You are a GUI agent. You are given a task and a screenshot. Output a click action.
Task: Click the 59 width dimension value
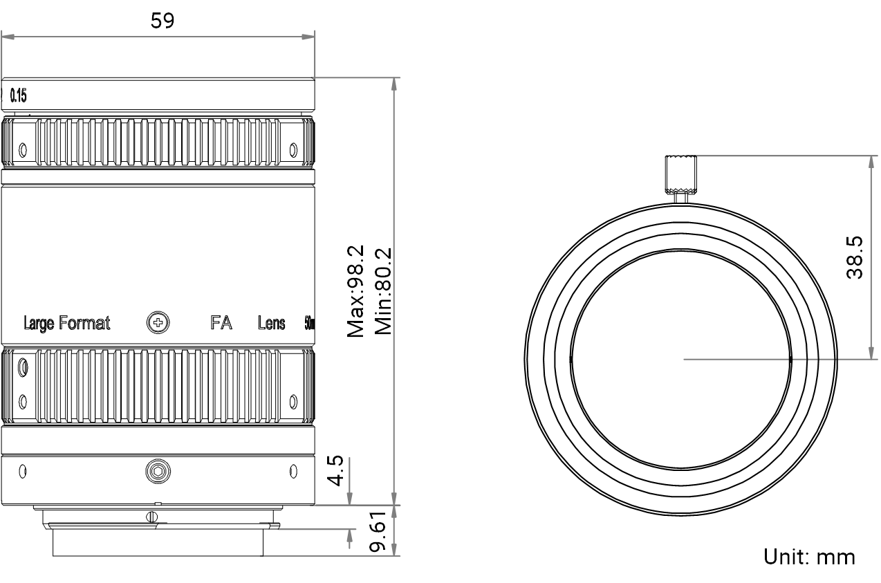coord(163,21)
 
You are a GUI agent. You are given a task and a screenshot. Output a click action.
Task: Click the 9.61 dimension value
coord(377,533)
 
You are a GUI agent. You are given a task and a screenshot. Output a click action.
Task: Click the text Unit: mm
coord(808,556)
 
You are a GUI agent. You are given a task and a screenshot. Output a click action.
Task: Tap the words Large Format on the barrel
coord(66,323)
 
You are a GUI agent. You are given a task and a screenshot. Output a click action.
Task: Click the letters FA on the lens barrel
coord(221,323)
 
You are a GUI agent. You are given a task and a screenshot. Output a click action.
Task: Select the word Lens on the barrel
coord(271,323)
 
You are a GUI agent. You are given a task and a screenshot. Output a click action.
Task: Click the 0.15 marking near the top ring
coord(19,96)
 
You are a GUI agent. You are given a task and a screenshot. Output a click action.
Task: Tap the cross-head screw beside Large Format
coord(158,322)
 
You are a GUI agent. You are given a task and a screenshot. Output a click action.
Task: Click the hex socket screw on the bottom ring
coord(158,472)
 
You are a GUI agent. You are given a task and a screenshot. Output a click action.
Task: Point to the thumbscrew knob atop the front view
coord(681,174)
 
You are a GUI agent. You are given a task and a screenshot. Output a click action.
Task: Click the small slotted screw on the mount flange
coord(151,515)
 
